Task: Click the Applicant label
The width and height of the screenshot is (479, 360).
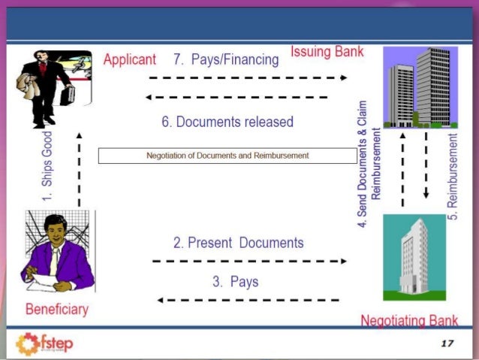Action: [129, 59]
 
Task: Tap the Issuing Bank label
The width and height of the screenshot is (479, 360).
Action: [327, 53]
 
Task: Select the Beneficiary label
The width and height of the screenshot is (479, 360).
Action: [56, 309]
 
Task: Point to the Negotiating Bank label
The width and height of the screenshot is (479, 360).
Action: [409, 321]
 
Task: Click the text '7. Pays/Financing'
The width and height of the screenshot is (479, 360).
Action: [225, 59]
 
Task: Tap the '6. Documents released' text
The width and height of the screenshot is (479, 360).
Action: [227, 121]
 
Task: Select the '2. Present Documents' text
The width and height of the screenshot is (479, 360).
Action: [238, 243]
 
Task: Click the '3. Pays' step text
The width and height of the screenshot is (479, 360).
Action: [235, 282]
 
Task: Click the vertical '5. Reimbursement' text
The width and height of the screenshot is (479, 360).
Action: [453, 177]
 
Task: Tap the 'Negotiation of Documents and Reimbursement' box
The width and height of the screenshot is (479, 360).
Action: [227, 156]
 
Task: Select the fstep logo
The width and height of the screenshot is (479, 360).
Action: [45, 344]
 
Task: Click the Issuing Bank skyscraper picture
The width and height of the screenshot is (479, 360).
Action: [420, 87]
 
